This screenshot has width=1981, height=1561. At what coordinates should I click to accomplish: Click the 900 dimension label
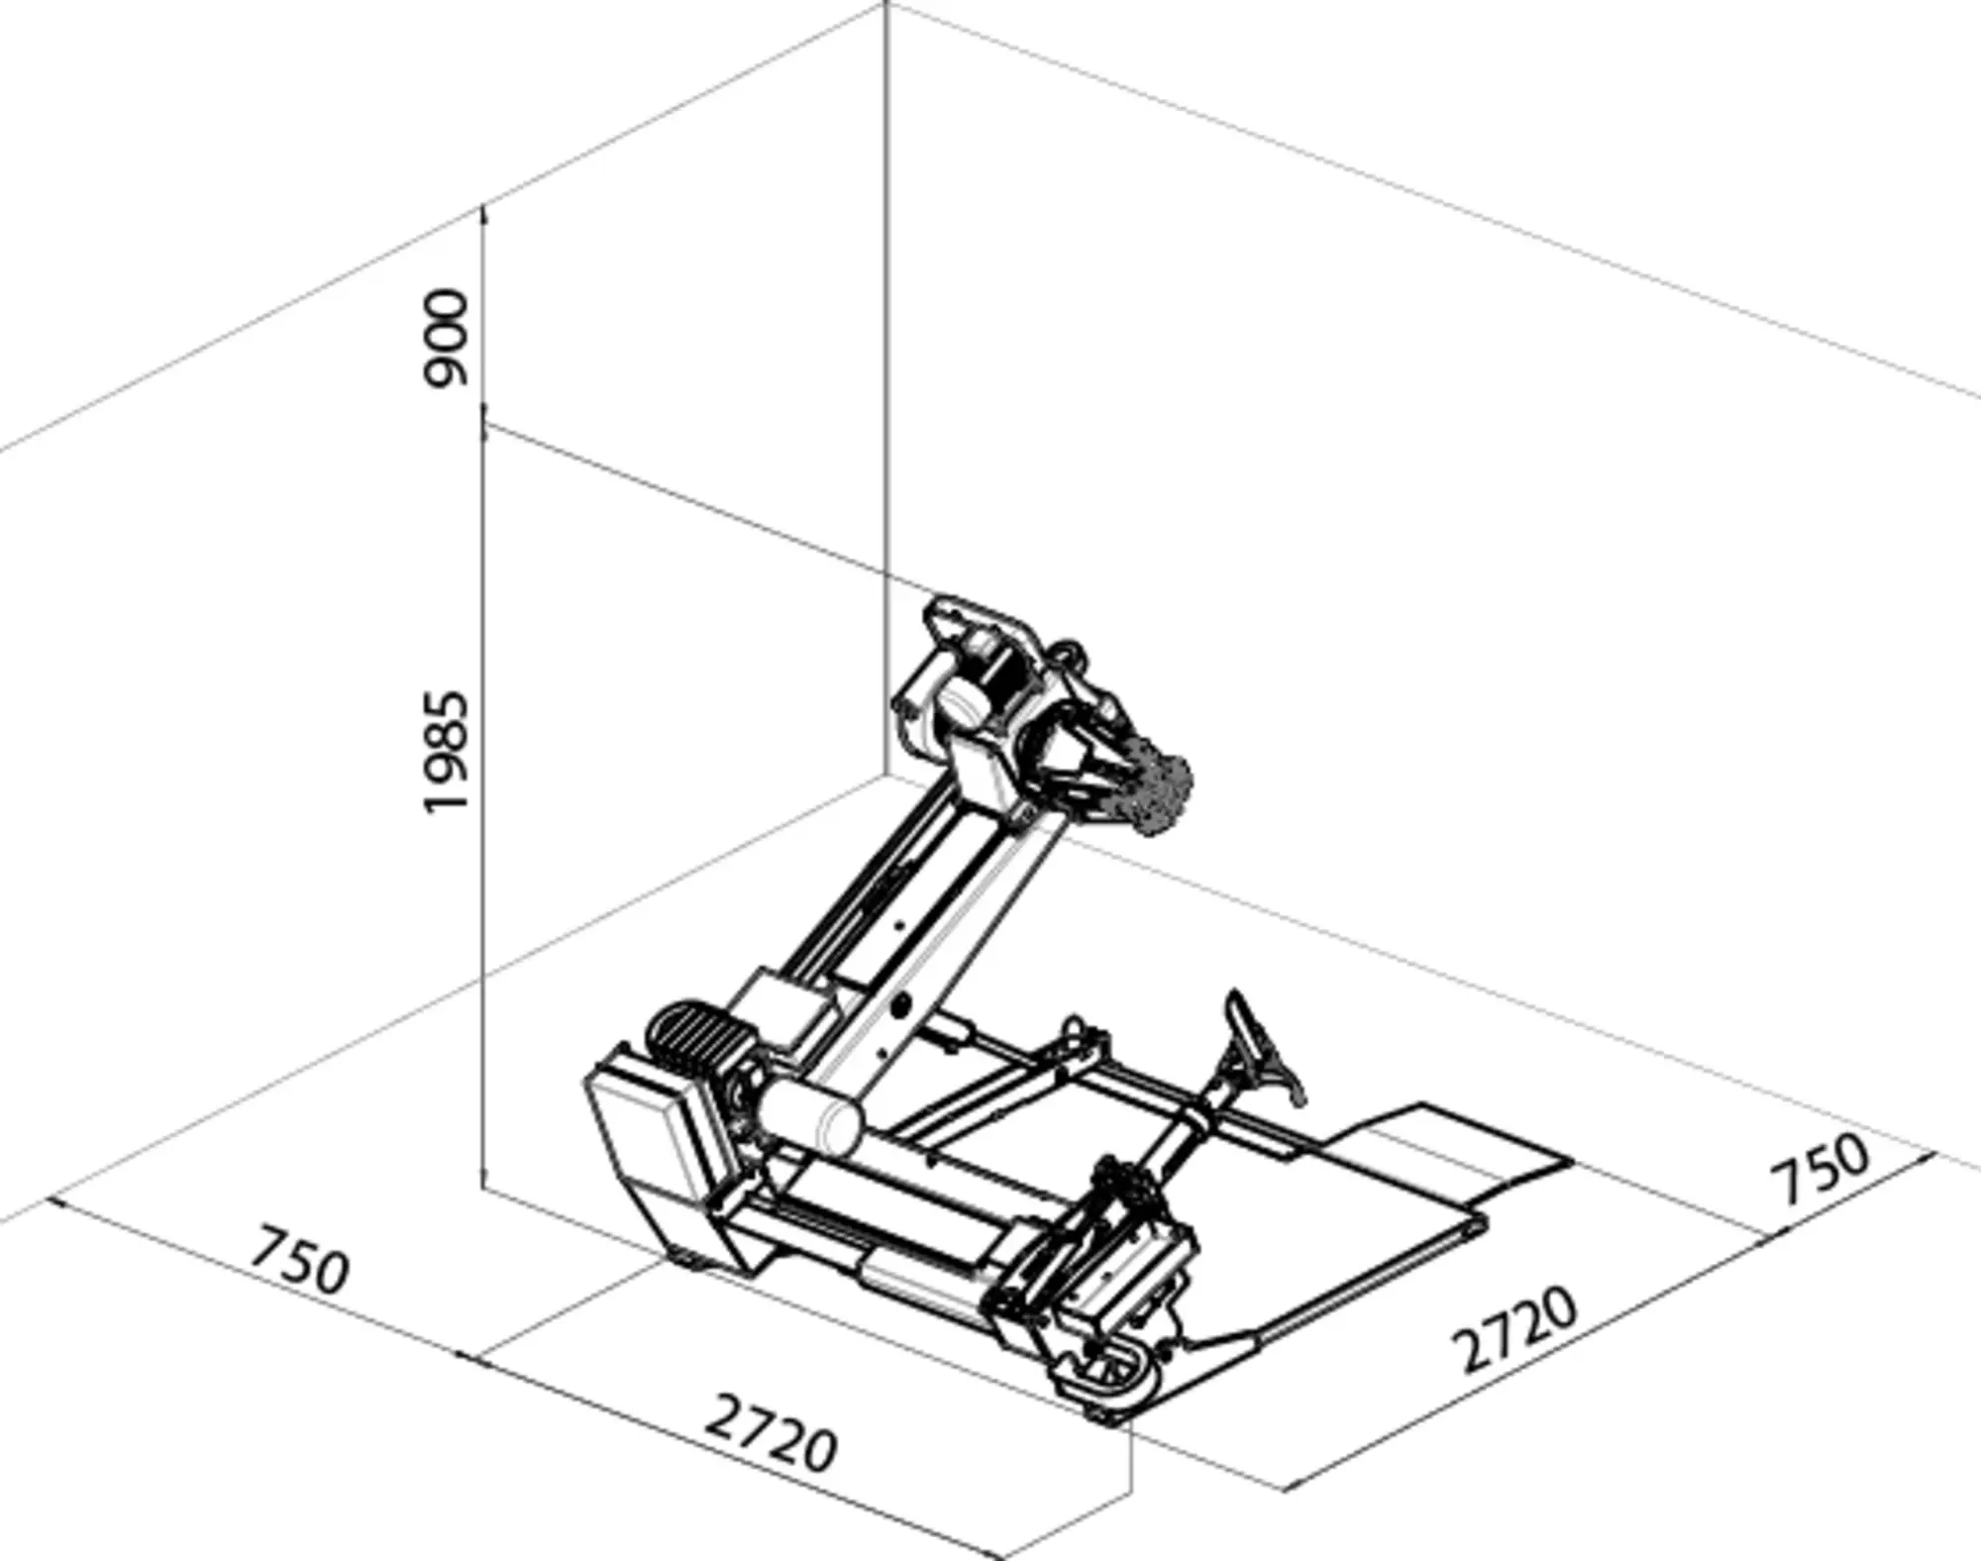[444, 338]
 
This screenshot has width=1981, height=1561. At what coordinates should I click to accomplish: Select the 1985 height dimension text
[444, 753]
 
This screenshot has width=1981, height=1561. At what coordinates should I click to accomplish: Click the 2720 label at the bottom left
[771, 1433]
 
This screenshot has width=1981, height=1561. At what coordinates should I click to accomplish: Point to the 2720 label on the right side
[1513, 1329]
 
